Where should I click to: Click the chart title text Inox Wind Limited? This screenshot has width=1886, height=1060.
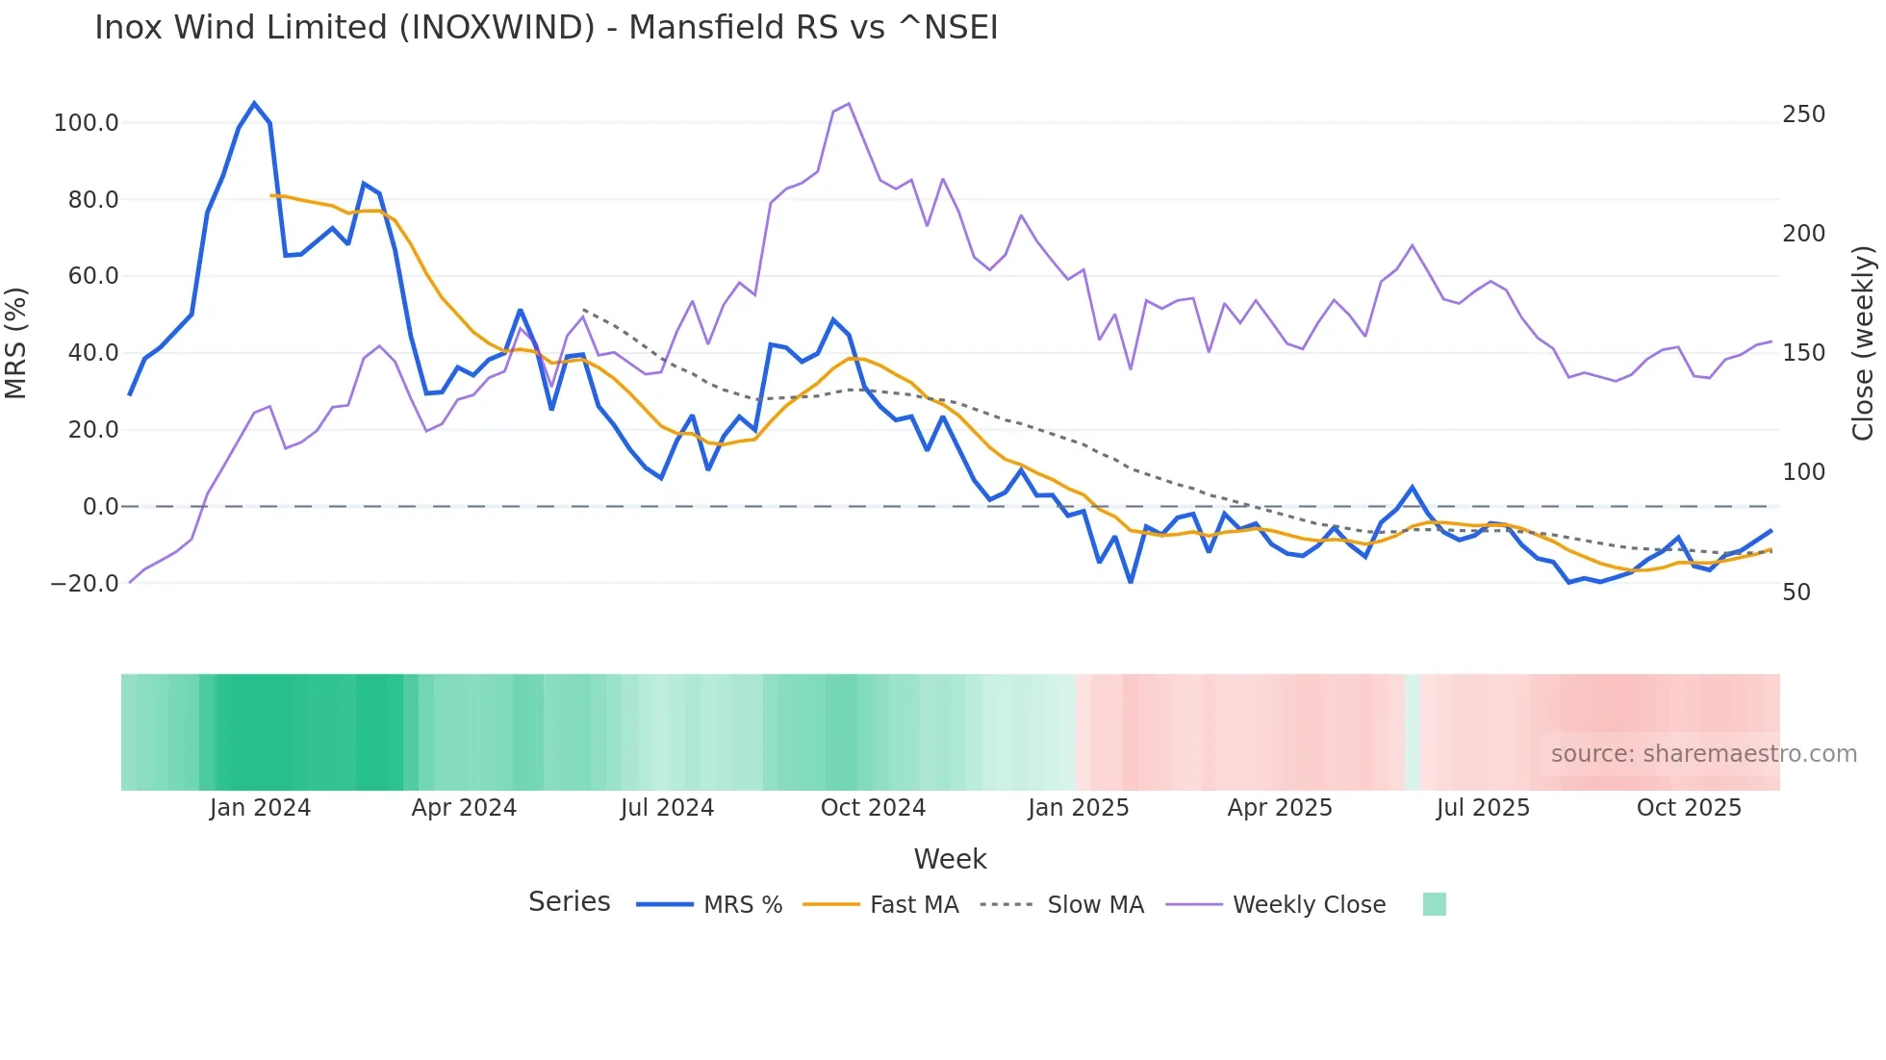tap(546, 27)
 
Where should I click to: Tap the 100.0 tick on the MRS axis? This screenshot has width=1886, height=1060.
tap(87, 123)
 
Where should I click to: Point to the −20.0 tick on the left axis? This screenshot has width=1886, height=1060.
tap(85, 584)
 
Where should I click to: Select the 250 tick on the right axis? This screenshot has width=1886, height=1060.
tap(1803, 114)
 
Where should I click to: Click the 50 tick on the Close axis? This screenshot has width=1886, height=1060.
tap(1796, 593)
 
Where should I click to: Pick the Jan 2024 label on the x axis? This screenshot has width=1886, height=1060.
tap(260, 808)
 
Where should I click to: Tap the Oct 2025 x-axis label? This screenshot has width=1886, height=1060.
tap(1689, 808)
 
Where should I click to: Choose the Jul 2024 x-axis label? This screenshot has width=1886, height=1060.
tap(667, 808)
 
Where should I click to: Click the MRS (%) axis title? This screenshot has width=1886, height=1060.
tap(16, 342)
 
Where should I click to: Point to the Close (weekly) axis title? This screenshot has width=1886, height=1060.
tap(1863, 342)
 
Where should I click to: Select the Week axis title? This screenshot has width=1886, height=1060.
tap(950, 859)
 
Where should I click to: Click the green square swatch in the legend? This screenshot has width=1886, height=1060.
tap(1434, 904)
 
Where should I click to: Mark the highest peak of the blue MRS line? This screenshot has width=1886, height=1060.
tap(254, 103)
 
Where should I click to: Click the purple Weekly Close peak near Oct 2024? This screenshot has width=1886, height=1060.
tap(848, 104)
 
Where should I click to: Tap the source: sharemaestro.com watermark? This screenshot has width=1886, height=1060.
tap(1703, 754)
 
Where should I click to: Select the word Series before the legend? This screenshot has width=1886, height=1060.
tap(569, 902)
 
